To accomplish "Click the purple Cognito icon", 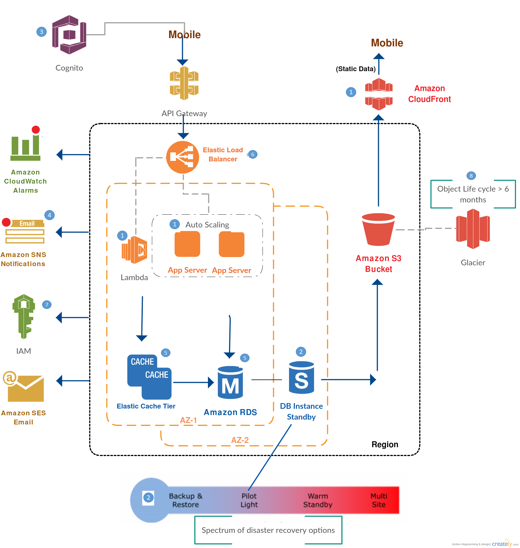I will (69, 35).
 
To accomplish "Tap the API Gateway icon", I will (184, 83).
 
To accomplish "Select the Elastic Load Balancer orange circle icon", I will (182, 157).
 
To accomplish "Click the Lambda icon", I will (135, 250).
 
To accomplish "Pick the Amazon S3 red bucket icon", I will (378, 229).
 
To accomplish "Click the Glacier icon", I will (473, 229).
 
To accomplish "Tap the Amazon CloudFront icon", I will (379, 94).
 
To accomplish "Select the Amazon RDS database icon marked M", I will (230, 382).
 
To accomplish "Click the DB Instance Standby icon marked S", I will (301, 377).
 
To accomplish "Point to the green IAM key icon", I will (24, 316).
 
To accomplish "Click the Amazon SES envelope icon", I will (24, 387).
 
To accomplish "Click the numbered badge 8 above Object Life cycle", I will (471, 176).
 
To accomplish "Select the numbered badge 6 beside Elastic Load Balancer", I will (253, 155).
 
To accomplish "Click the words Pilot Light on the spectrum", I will (249, 500).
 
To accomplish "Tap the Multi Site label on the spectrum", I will (379, 500).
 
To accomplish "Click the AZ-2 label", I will (240, 440).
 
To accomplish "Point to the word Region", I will (385, 444).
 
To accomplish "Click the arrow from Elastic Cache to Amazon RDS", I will (193, 382).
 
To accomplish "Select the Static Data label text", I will (356, 69).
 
